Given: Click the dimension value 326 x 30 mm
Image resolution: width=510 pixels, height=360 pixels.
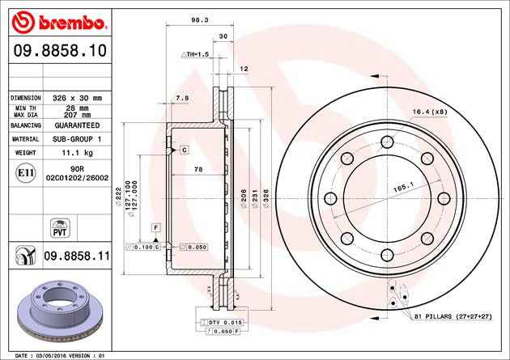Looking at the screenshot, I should (79, 97).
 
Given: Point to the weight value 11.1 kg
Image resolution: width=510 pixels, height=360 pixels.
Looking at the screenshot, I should (79, 152).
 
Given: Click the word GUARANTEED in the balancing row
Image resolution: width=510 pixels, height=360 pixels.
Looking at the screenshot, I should (79, 126).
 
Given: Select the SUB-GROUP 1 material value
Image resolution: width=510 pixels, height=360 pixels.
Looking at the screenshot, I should (79, 139).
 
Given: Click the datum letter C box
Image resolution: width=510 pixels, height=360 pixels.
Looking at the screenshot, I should (184, 150).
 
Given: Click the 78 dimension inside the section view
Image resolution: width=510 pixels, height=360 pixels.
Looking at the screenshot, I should (198, 169).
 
